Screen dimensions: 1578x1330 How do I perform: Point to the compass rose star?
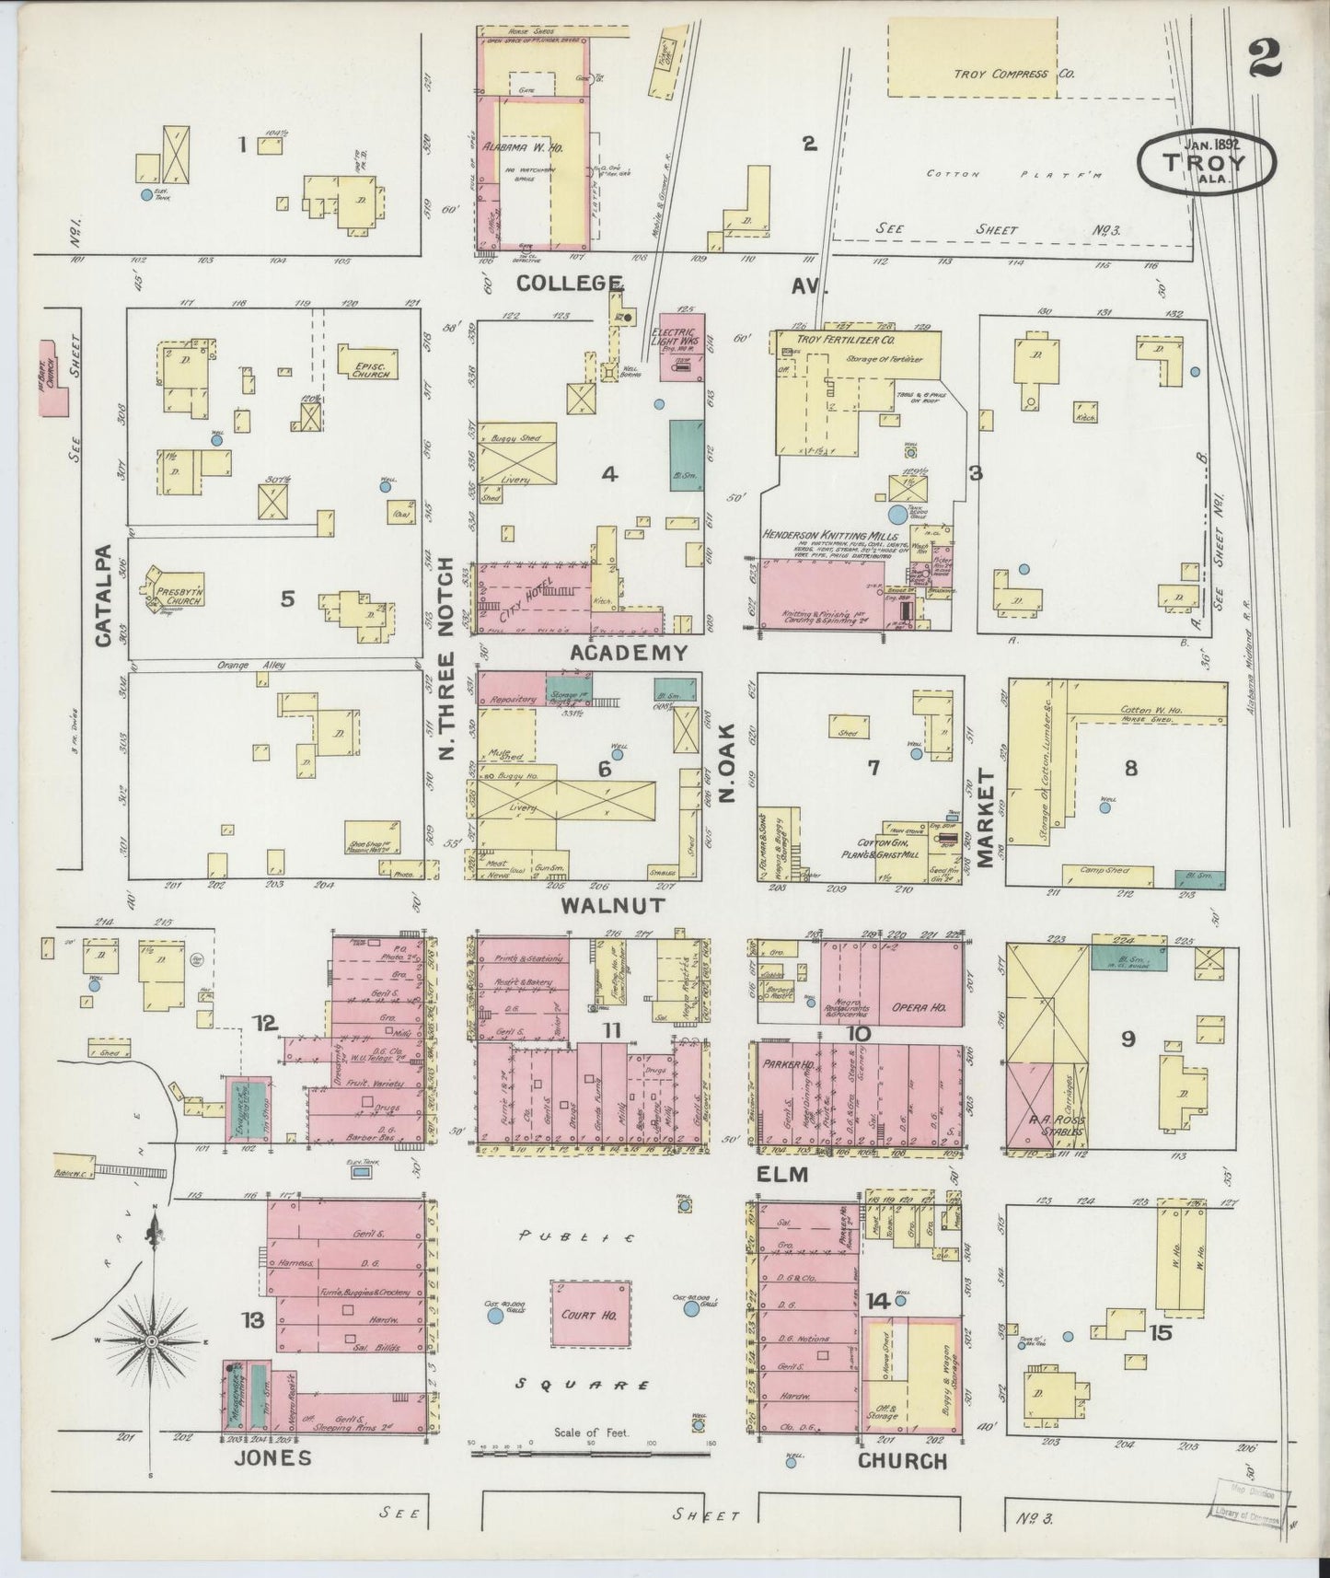[x=151, y=1340]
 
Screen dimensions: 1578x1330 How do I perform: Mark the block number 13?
[x=253, y=1320]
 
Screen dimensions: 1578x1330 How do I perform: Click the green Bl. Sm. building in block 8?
[x=1199, y=878]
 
